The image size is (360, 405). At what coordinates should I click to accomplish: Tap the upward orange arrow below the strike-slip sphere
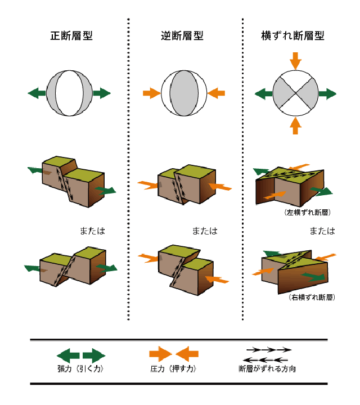tap(295, 125)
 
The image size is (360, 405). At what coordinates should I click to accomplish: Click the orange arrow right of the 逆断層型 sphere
tap(217, 92)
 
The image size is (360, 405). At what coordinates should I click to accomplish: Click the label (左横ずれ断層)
tap(307, 213)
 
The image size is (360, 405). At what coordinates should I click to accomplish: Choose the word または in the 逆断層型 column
tap(204, 231)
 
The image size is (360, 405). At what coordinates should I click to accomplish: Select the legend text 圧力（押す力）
tap(173, 370)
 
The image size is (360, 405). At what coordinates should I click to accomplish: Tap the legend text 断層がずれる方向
tap(267, 370)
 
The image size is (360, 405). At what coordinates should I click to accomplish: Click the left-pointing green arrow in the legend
tap(68, 355)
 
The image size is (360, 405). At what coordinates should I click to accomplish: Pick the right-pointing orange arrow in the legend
tap(161, 354)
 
